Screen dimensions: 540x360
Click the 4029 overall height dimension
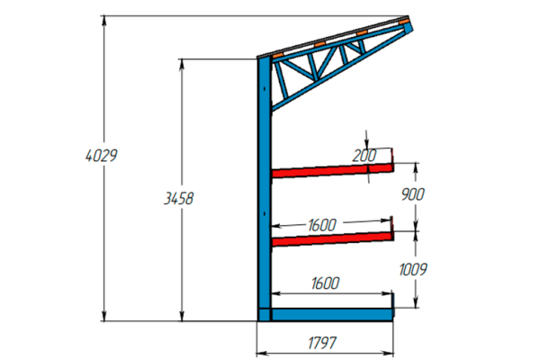pyautogui.click(x=102, y=156)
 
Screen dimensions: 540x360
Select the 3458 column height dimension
pyautogui.click(x=179, y=198)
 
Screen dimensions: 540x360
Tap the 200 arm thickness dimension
pyautogui.click(x=364, y=156)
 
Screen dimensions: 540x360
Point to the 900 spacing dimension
pyautogui.click(x=413, y=194)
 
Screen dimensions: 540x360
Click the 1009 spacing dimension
pyautogui.click(x=413, y=269)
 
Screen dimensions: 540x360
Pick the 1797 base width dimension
pyautogui.click(x=322, y=343)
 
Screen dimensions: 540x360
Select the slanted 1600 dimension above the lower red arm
pyautogui.click(x=322, y=225)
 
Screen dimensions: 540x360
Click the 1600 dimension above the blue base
pyautogui.click(x=326, y=283)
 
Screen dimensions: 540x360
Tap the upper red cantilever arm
pyautogui.click(x=333, y=170)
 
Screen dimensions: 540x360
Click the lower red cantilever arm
pyautogui.click(x=333, y=238)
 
